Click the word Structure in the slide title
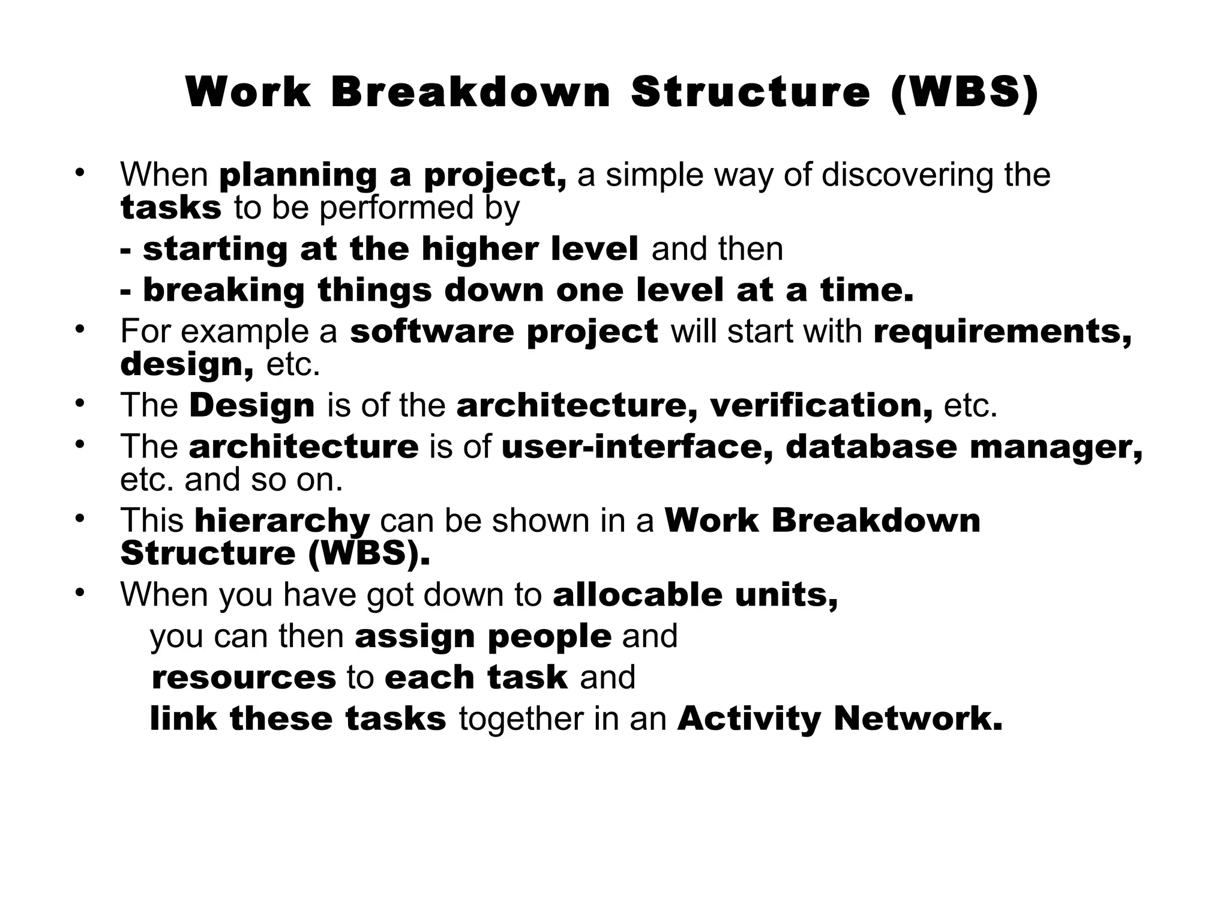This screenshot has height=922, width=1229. [x=750, y=93]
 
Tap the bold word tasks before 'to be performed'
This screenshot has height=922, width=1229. [x=171, y=208]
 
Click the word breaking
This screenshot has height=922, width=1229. [x=224, y=290]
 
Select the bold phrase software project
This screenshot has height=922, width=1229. [x=504, y=331]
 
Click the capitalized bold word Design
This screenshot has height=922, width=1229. [x=252, y=405]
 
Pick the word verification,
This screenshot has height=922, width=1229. [x=821, y=405]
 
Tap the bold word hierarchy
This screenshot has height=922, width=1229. [x=282, y=520]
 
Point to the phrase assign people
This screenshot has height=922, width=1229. [x=483, y=636]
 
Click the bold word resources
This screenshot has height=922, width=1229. [x=243, y=677]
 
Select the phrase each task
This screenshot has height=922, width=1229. [x=476, y=677]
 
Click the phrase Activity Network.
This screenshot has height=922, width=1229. [x=840, y=719]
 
